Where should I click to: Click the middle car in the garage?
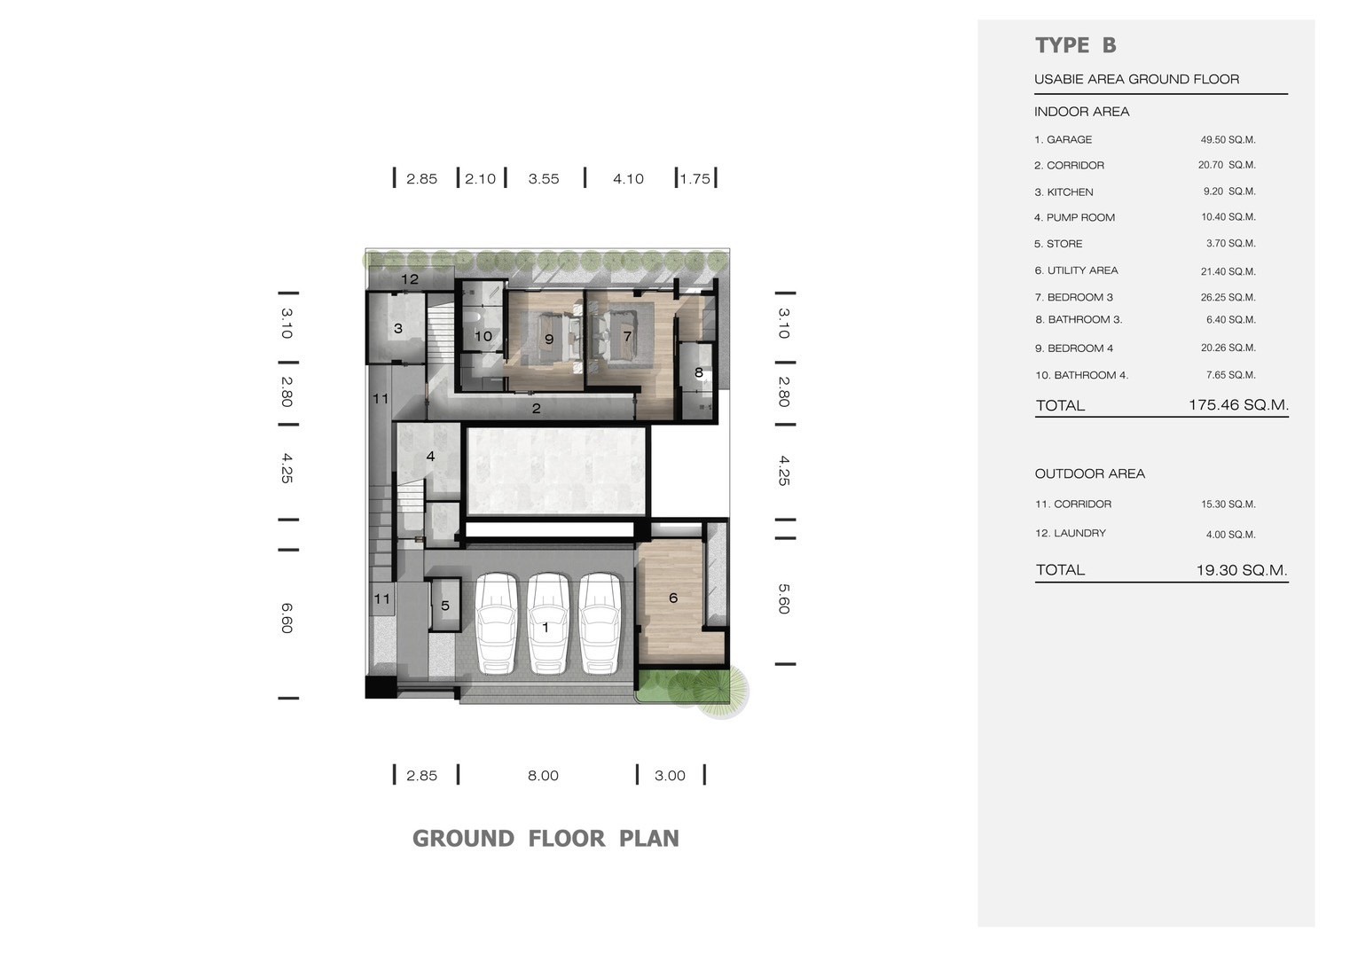548,623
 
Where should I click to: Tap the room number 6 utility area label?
673,598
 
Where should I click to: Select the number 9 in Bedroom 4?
549,339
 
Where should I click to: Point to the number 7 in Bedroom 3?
627,336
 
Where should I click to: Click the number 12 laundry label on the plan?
410,279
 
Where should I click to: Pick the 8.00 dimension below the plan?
543,776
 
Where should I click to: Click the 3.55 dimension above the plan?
544,179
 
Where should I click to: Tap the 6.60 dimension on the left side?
286,618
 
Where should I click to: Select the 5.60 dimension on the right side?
783,598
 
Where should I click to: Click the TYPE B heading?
1076,45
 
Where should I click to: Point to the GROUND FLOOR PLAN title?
545,839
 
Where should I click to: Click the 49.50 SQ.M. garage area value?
1228,140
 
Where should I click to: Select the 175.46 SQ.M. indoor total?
1238,404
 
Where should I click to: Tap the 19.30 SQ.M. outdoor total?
1242,570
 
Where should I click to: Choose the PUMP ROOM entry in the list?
1074,217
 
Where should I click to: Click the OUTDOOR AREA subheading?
1089,473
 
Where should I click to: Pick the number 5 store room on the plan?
445,606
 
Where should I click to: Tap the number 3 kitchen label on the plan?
397,328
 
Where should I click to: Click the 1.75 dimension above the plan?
695,179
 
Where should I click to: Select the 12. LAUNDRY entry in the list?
1071,533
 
